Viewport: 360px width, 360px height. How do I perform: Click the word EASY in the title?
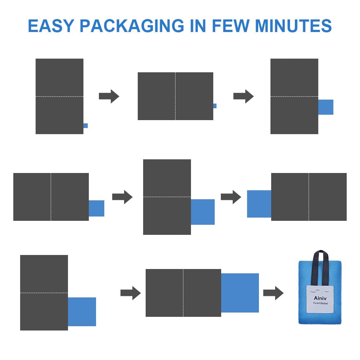point(50,26)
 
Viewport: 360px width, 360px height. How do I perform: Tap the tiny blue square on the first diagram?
point(86,126)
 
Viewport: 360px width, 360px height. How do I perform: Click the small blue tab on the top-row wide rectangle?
point(215,106)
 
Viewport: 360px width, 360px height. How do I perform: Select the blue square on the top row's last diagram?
point(326,107)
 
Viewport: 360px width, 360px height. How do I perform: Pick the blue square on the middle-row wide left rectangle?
point(96,208)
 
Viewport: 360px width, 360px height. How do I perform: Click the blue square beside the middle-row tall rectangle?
point(203,212)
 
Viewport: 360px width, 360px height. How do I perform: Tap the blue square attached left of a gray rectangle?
point(259,204)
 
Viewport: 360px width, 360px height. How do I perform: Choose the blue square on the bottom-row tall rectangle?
point(82,312)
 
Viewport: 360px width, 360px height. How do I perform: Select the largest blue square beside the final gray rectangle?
point(240,293)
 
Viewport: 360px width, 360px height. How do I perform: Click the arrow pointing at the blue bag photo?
point(273,293)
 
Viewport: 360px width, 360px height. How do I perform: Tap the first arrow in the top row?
point(109,96)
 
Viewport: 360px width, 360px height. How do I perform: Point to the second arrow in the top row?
point(243,96)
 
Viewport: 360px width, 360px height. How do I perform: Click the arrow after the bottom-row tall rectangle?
point(131,293)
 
